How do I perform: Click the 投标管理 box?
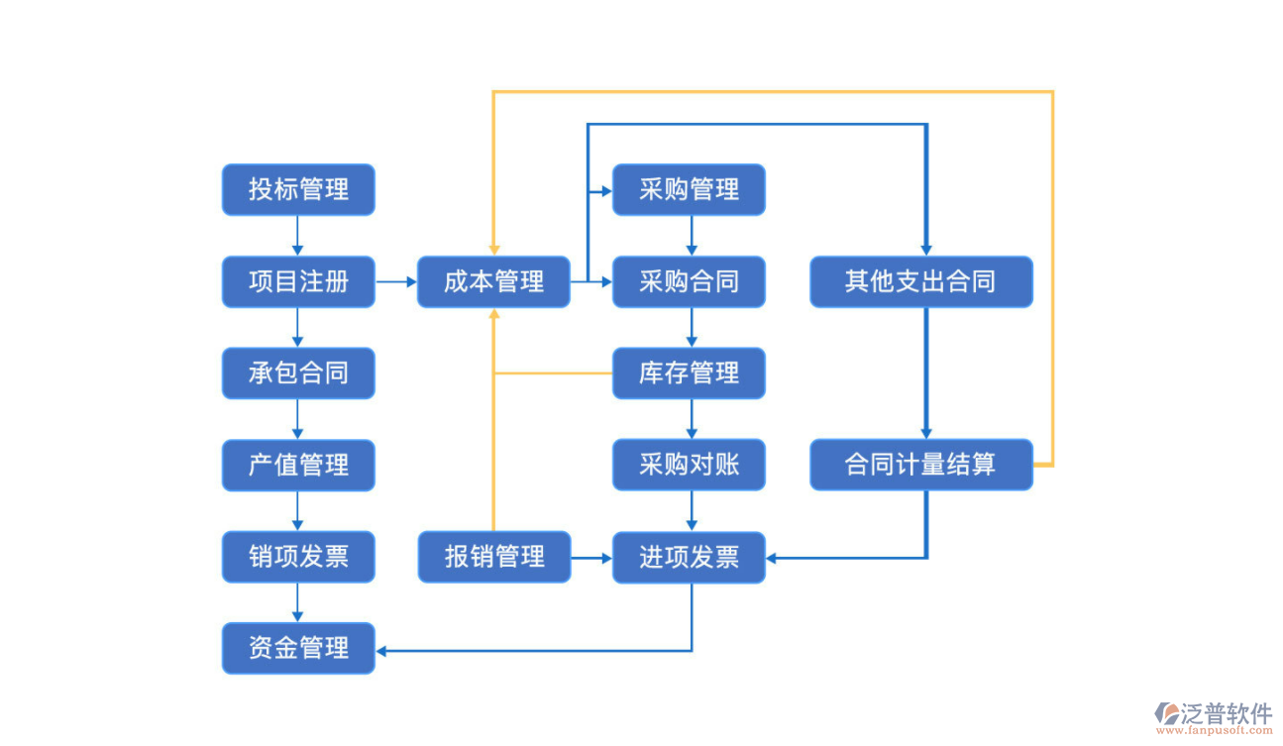coord(298,189)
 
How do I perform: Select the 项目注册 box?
coord(298,281)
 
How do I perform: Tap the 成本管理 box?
coord(493,281)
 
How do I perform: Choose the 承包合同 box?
coord(298,373)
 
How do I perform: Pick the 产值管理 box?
coord(298,465)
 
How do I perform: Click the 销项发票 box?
coord(298,557)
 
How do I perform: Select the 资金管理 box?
coord(298,649)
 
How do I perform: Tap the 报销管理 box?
coord(493,557)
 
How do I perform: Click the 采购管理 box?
coord(689,189)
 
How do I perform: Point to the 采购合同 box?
coord(689,281)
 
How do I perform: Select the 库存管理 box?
coord(689,373)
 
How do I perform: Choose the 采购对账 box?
coord(689,465)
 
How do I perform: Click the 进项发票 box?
coord(689,557)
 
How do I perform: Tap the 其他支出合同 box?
coord(920,281)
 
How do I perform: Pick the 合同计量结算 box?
coord(920,465)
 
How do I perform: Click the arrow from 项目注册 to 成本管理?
coord(396,281)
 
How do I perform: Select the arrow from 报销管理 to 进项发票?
coord(591,558)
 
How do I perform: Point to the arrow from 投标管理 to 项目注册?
coord(298,236)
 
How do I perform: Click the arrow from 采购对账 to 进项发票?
coord(692,511)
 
